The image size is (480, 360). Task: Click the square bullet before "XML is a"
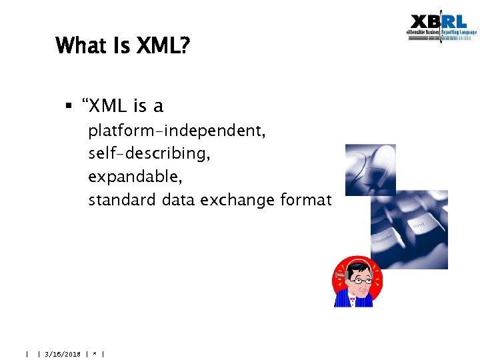point(69,105)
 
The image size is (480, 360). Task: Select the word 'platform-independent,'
point(177,131)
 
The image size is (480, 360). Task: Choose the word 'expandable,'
point(135,177)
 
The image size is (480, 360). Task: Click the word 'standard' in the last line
point(123,199)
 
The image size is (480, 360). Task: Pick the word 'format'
point(309,199)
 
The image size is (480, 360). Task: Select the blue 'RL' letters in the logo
point(458,22)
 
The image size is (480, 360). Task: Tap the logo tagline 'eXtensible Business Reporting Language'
point(441,33)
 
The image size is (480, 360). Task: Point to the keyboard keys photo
point(409,230)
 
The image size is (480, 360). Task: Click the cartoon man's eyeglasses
point(361,279)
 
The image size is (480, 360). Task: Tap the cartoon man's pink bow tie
point(353,300)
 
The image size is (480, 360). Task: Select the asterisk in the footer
point(95,354)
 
